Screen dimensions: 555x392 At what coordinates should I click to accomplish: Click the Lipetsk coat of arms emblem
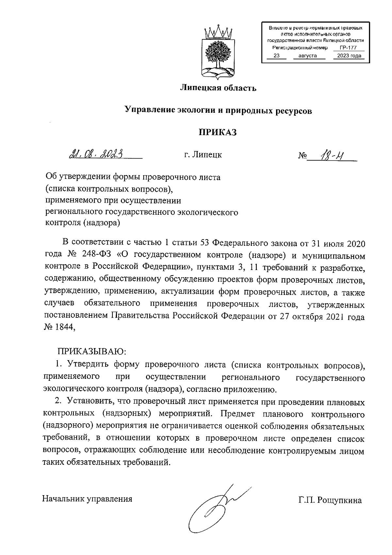217,52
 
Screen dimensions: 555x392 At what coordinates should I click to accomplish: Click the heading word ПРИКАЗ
218,132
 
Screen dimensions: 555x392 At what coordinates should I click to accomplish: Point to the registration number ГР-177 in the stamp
348,48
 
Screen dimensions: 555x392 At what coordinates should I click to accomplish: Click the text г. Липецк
203,155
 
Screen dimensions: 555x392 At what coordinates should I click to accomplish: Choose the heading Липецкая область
218,88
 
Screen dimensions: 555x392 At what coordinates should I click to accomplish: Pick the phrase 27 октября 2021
299,317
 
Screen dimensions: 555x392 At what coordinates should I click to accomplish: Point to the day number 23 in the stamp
276,56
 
